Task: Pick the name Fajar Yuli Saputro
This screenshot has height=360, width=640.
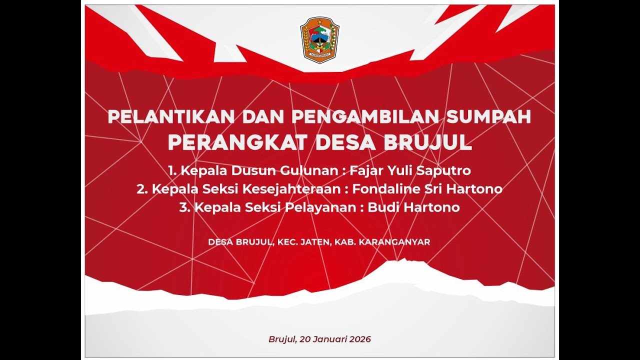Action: click(x=410, y=170)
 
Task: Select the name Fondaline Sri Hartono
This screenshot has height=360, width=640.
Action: click(x=427, y=189)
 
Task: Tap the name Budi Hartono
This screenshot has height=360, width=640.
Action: click(x=413, y=207)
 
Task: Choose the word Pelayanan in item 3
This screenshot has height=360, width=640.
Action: click(x=319, y=207)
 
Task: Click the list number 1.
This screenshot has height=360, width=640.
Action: click(x=172, y=170)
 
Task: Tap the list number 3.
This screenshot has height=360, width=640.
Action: click(x=183, y=207)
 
